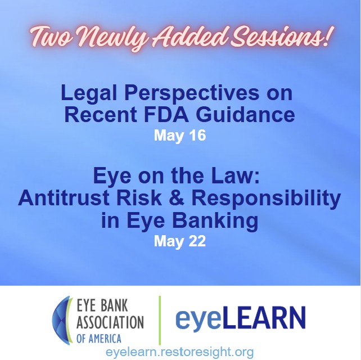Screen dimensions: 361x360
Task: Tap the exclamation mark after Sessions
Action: pyautogui.click(x=329, y=34)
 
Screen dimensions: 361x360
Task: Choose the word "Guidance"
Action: pyautogui.click(x=245, y=115)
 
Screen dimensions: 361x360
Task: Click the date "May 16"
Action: pyautogui.click(x=180, y=135)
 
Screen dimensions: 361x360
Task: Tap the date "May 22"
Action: pyautogui.click(x=180, y=241)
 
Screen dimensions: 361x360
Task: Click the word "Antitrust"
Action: pyautogui.click(x=64, y=198)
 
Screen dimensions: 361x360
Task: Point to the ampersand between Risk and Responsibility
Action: pyautogui.click(x=177, y=198)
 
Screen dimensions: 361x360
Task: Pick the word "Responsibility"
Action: pyautogui.click(x=266, y=199)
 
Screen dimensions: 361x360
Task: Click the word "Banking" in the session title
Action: pyautogui.click(x=215, y=221)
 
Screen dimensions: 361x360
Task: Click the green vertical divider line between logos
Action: pyautogui.click(x=160, y=320)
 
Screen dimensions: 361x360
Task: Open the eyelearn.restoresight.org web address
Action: pyautogui.click(x=179, y=352)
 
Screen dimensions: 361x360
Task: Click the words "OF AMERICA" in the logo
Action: pyautogui.click(x=99, y=339)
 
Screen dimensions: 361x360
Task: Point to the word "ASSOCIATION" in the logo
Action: pyautogui.click(x=110, y=322)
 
